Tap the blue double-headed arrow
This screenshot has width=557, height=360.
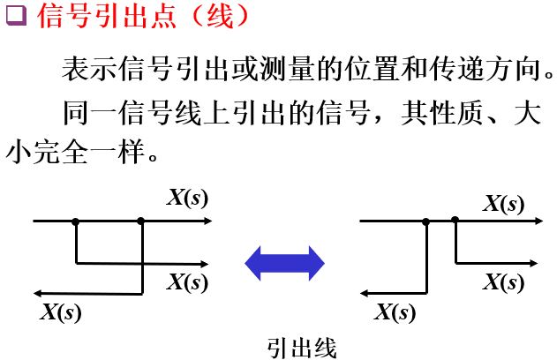pos(284,263)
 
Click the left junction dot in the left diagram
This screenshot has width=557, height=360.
pos(76,221)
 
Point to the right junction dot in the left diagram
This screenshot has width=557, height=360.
pos(140,221)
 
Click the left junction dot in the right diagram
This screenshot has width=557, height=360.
pos(430,221)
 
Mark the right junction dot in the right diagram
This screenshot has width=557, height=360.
pos(455,221)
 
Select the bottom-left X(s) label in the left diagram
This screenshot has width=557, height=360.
pos(60,311)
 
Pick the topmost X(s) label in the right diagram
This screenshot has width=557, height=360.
pos(502,204)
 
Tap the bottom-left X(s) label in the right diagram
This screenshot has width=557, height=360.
pos(394,311)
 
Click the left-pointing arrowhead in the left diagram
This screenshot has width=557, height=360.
pos(38,293)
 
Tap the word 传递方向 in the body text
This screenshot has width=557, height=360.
pos(495,70)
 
